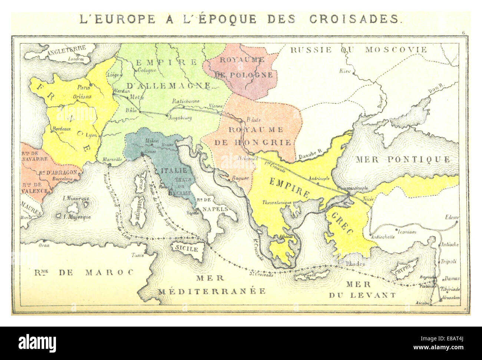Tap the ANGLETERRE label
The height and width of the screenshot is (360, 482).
[67, 49]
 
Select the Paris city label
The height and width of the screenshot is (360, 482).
[83, 88]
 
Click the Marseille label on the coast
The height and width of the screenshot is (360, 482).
[112, 159]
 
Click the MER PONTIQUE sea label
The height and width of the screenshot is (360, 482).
[403, 160]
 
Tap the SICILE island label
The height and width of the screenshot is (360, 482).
[186, 249]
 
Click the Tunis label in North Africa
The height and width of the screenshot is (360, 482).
[138, 255]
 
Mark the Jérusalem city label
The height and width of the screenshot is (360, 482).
[450, 298]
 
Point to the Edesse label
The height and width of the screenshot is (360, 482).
[453, 217]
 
